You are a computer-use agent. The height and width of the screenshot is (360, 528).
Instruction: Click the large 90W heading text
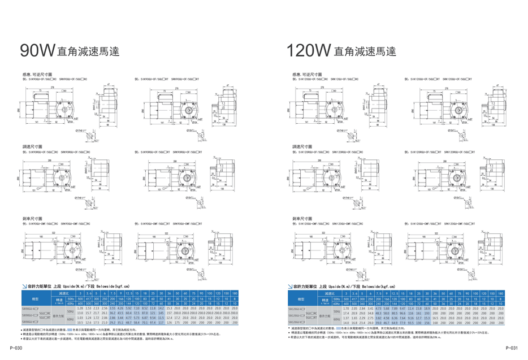tap(37, 51)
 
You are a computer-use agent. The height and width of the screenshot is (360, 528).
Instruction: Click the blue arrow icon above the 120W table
tap(293, 287)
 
